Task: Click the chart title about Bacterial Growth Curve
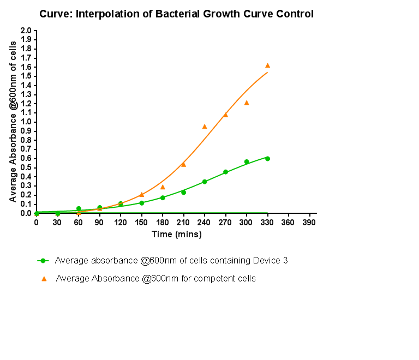[x=176, y=14]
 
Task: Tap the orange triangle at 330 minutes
[x=267, y=65]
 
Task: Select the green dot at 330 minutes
[x=267, y=158]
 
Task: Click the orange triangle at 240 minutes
[x=205, y=127]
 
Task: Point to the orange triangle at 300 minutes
[x=247, y=103]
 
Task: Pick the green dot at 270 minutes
[x=225, y=172]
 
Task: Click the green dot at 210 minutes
[x=183, y=192]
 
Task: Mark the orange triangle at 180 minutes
[x=163, y=187]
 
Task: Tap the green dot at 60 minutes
[x=79, y=208]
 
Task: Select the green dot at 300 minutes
[x=247, y=161]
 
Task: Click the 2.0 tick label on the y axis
[x=26, y=31]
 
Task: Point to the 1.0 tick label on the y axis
[x=26, y=122]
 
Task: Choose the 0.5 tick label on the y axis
[x=26, y=167]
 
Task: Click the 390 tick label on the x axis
[x=309, y=223]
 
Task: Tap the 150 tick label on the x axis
[x=141, y=223]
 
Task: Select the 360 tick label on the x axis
[x=288, y=223]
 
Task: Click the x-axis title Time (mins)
[x=176, y=235]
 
